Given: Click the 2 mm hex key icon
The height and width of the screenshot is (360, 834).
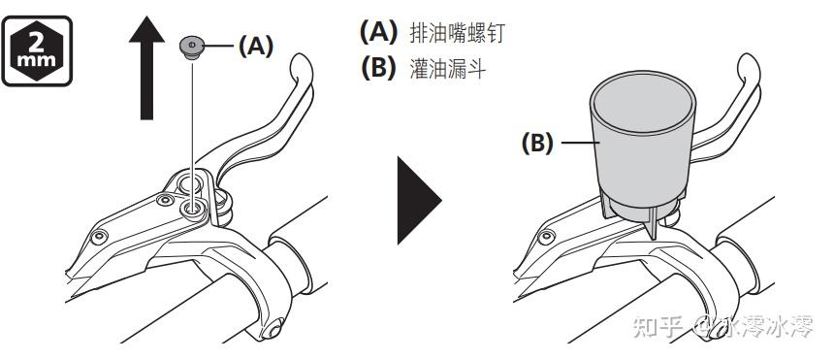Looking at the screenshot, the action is point(37,51).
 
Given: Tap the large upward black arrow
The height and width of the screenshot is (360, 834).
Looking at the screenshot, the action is point(146,68).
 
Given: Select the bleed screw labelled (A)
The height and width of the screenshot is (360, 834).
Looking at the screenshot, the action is point(191,47).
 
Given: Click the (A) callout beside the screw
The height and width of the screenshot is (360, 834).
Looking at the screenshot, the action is point(255,47).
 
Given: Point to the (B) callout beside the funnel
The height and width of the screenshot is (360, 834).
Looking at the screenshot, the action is point(537,144).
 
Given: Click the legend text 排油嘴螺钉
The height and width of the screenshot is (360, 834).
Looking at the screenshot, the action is point(457,33).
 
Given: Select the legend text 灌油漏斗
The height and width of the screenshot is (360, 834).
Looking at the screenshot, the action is point(448,69).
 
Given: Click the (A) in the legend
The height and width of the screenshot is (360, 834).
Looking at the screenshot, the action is point(379,32).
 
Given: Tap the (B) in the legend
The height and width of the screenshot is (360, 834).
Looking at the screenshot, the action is point(379,68).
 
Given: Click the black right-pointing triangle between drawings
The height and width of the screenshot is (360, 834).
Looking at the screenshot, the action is point(419,200).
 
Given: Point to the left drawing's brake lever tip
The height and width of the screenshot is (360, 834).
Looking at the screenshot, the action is point(301,64).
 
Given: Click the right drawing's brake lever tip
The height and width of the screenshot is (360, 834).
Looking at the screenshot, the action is point(749,64).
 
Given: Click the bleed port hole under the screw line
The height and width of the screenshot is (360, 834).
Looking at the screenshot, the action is point(193,209).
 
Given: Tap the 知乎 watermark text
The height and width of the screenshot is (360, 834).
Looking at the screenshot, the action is point(658,326).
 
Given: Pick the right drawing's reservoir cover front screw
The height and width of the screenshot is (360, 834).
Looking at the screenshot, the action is point(546,237).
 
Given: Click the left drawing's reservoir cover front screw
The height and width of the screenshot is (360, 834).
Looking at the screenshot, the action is point(99,237).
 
